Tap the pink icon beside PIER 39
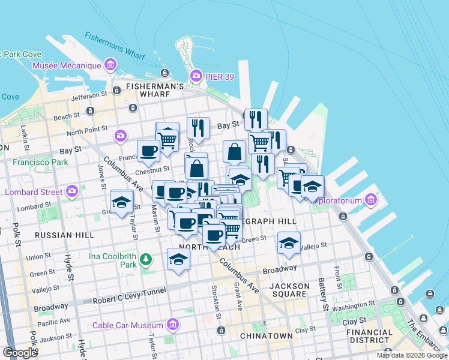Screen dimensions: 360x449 [195, 76]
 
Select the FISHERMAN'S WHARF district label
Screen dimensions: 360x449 [155, 86]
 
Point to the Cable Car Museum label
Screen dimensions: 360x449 [128, 325]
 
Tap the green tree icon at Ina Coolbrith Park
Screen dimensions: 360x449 [145, 259]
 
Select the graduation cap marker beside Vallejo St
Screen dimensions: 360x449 [289, 242]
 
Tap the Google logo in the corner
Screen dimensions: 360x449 [20, 353]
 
